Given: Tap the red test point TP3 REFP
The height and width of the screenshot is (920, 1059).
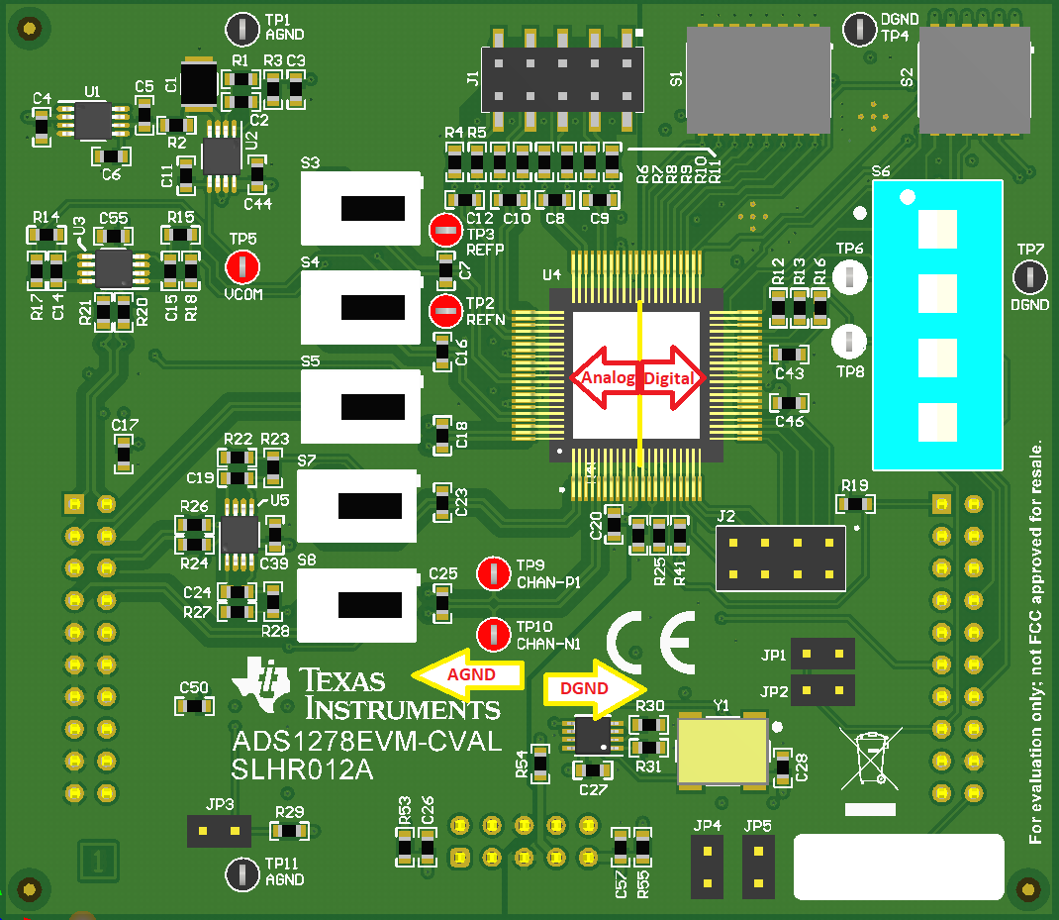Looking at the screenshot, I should pyautogui.click(x=445, y=231).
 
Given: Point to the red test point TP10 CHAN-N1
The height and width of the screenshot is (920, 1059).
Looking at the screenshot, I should pyautogui.click(x=494, y=634).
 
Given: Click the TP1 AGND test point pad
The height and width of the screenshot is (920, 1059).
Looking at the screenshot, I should pyautogui.click(x=241, y=30).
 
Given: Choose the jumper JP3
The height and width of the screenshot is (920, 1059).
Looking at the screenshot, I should pyautogui.click(x=219, y=831).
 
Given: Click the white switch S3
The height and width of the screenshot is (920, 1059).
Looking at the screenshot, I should pyautogui.click(x=362, y=208).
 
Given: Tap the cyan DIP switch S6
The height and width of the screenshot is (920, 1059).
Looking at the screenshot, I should pyautogui.click(x=936, y=325).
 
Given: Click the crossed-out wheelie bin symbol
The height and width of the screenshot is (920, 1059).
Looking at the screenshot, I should pyautogui.click(x=868, y=758).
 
